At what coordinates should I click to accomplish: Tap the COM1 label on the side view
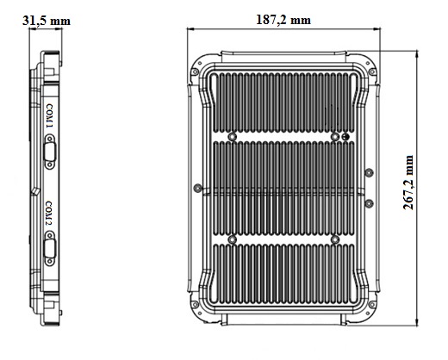click(49, 117)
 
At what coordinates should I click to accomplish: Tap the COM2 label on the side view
click(49, 214)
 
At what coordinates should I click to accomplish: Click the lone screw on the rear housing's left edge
click(199, 187)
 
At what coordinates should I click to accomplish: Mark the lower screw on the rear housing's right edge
click(369, 203)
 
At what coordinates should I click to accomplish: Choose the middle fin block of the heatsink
click(284, 186)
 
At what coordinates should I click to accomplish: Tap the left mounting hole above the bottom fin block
click(233, 237)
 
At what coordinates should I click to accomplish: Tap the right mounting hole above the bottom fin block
click(334, 237)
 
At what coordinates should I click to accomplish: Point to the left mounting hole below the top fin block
click(233, 137)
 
